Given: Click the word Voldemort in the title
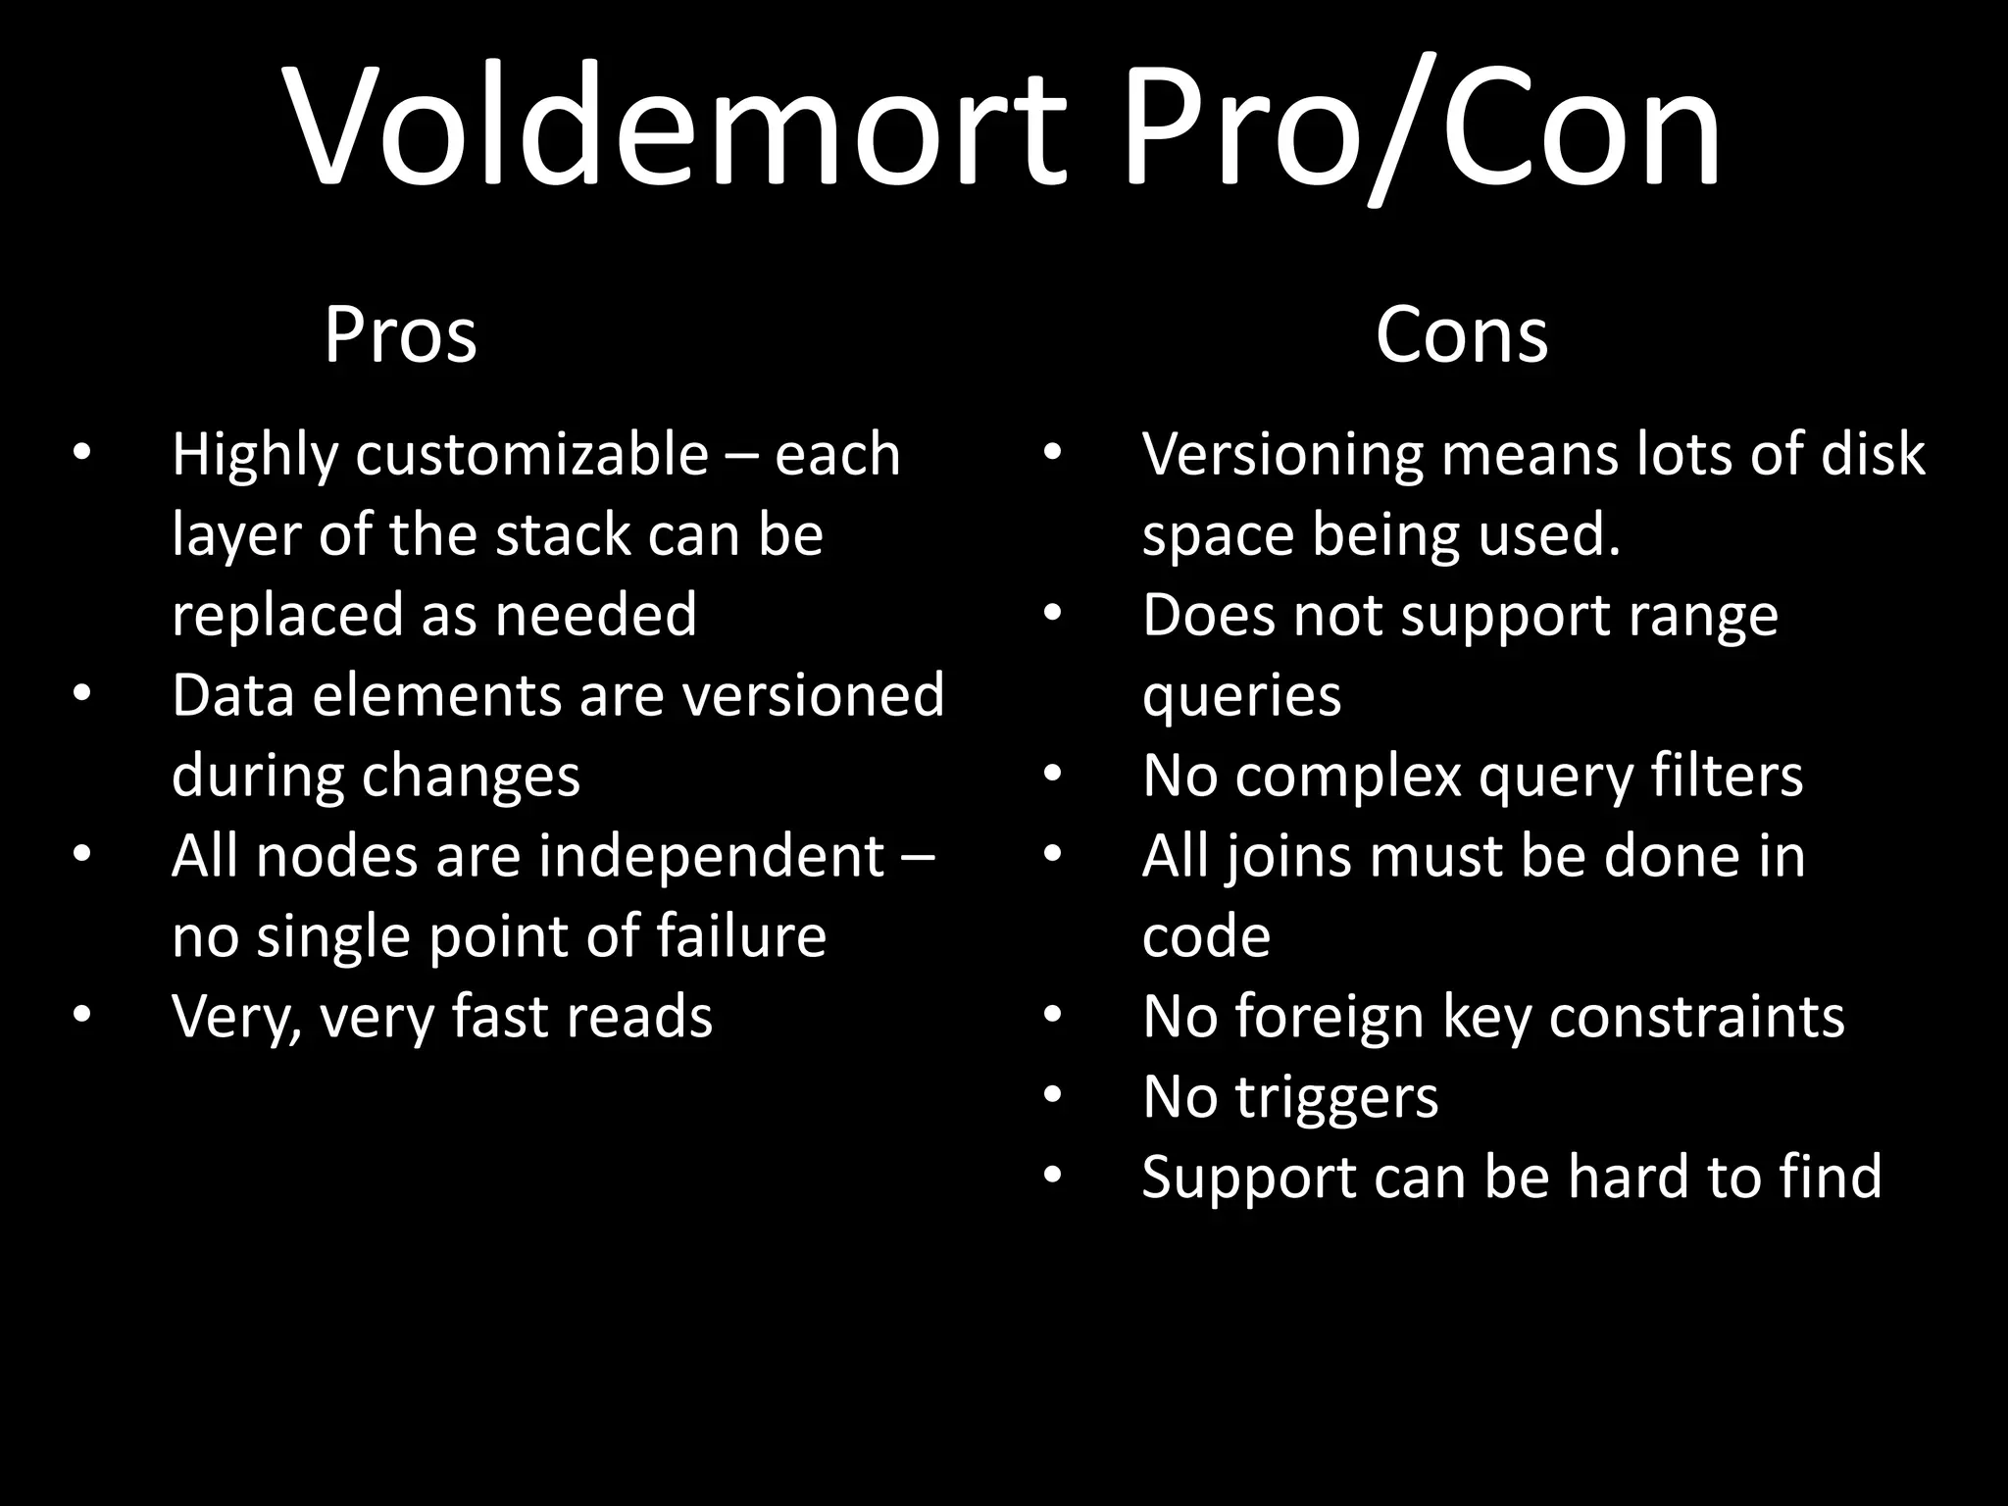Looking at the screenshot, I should [x=677, y=127].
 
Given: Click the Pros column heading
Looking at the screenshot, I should [x=400, y=335].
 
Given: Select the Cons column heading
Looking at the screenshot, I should [x=1461, y=335].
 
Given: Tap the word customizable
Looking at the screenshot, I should [x=531, y=457].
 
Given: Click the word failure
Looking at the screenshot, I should [x=741, y=936].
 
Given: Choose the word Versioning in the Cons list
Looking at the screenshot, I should [x=1282, y=457].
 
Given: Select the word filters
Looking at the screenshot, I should [x=1727, y=777].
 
